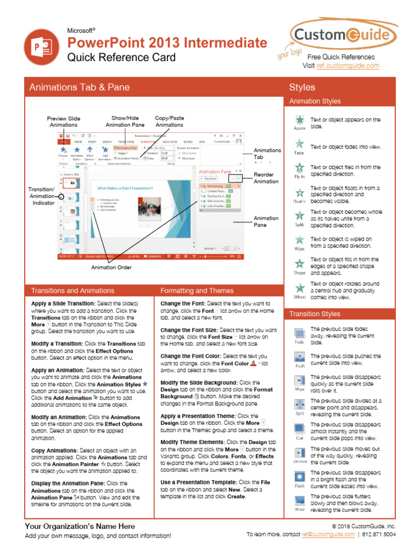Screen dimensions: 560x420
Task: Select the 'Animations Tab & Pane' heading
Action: click(79, 87)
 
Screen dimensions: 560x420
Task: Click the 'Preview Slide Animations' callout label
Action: click(63, 121)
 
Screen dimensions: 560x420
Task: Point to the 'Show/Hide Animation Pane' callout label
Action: click(125, 121)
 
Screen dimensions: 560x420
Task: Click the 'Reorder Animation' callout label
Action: click(266, 178)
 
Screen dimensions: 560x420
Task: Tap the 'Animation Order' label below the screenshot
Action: click(111, 267)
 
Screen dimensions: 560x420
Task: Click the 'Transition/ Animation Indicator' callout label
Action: click(42, 196)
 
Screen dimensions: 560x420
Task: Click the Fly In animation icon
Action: click(300, 168)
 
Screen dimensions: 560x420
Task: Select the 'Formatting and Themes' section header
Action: click(197, 291)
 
